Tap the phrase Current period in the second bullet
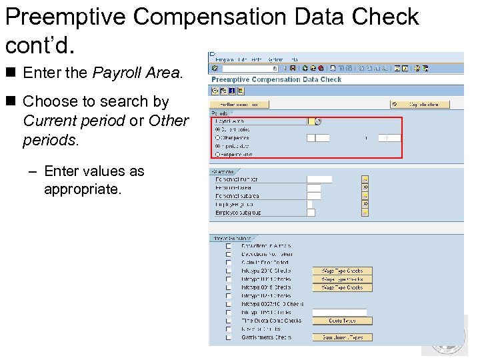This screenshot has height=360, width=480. tap(73, 121)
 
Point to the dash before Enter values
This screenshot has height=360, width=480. tap(33, 171)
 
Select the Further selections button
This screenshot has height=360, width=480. tap(239, 104)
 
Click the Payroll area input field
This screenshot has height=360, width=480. tap(311, 121)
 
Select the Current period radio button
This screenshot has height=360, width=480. tap(217, 129)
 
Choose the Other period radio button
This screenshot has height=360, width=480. tap(217, 138)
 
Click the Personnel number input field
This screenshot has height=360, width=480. tap(319, 179)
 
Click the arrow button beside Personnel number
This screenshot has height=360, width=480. tap(365, 179)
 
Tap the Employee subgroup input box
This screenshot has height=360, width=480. tap(311, 213)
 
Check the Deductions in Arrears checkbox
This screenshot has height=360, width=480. tap(229, 246)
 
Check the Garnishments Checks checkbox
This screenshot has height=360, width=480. tap(229, 337)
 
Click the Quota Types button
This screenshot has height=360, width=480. tap(342, 321)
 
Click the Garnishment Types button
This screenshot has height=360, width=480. tap(342, 337)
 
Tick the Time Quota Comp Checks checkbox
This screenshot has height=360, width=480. tap(229, 321)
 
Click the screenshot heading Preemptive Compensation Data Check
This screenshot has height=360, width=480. tap(276, 79)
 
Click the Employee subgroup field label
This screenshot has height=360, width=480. tap(238, 213)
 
